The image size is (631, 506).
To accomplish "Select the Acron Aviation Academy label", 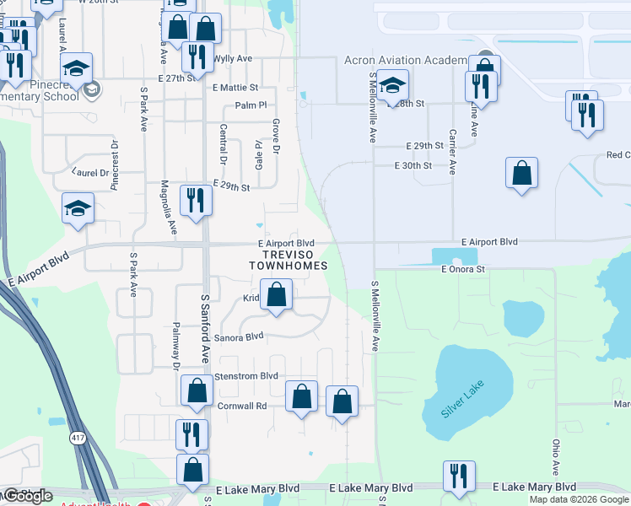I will pyautogui.click(x=406, y=60).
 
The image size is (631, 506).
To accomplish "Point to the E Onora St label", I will pyautogui.click(x=464, y=269).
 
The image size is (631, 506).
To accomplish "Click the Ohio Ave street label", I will pyautogui.click(x=556, y=455).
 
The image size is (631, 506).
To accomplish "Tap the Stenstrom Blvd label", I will pyautogui.click(x=247, y=375).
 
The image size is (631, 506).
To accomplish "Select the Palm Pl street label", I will pyautogui.click(x=251, y=105).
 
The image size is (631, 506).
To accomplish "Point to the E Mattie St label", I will pyautogui.click(x=235, y=87).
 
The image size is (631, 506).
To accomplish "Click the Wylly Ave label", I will pyautogui.click(x=233, y=59).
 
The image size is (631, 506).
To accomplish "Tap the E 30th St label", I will pyautogui.click(x=413, y=166).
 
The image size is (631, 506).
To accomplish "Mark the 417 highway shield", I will pyautogui.click(x=78, y=439).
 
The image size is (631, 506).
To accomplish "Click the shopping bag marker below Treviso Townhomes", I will pyautogui.click(x=277, y=296).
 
